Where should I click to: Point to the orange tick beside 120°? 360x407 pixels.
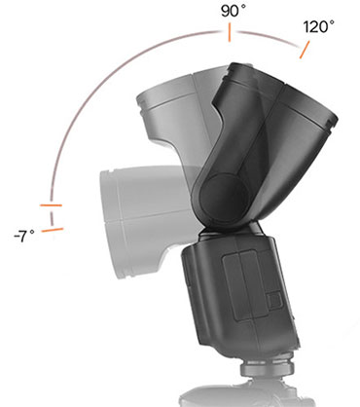click(x=305, y=48)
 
